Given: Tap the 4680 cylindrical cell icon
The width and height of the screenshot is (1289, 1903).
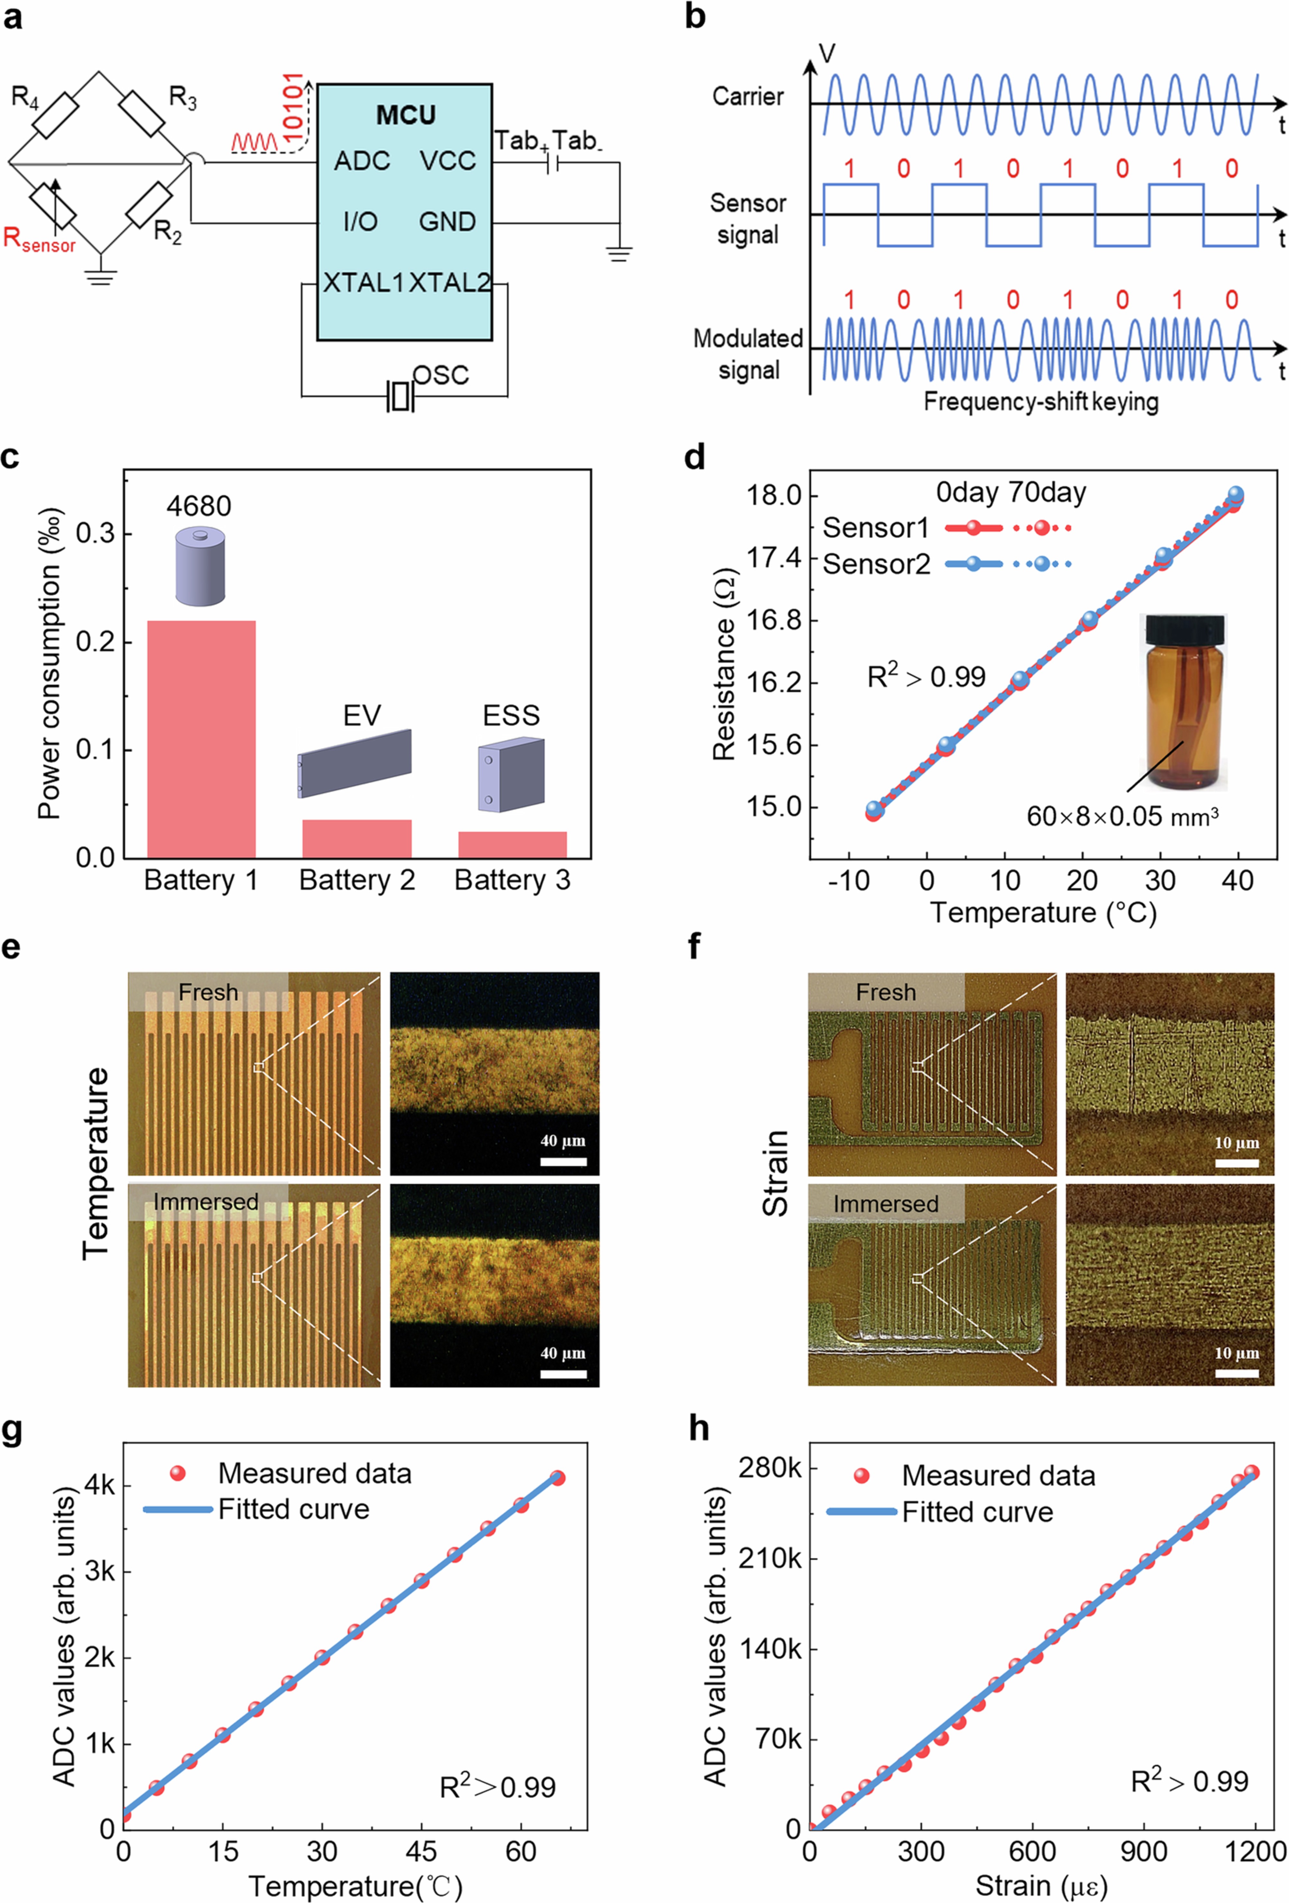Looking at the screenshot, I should coord(200,567).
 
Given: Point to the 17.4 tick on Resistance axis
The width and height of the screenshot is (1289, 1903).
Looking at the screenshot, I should coord(773,558).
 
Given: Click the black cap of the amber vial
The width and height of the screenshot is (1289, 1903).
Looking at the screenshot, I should coord(1185,629).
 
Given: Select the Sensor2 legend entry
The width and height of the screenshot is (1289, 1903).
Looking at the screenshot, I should coord(876,564).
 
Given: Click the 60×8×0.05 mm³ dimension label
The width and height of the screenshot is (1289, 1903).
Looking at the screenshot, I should coord(1122,816).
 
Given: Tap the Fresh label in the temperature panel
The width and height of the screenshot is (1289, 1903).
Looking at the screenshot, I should coord(208,992).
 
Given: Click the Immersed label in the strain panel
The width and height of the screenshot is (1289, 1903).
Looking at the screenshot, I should coord(885,1204).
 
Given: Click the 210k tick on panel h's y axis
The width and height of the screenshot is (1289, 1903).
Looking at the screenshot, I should coord(770,1558).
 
